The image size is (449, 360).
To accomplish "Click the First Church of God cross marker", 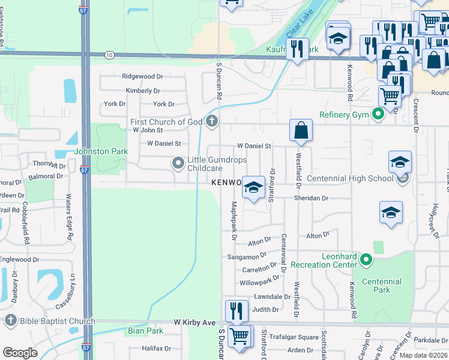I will coord(211,122).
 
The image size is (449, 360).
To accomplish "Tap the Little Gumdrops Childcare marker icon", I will coord(178,163).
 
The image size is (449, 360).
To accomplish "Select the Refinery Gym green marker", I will coord(378,114).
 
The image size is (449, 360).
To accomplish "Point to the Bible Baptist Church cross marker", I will coord(10,321).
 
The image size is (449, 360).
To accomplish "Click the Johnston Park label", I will coord(100,152).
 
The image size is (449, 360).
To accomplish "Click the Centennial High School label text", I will coord(350,178).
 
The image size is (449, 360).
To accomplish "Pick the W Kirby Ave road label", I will coord(194,323).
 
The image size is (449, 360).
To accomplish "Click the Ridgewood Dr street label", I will coord(142,77).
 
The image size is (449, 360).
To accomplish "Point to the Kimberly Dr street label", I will coord(143,91).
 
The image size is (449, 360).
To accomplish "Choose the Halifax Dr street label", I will coord(156,348).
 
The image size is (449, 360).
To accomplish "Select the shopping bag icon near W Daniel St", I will coord(301,130).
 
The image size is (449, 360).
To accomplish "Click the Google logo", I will coord(20,353).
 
